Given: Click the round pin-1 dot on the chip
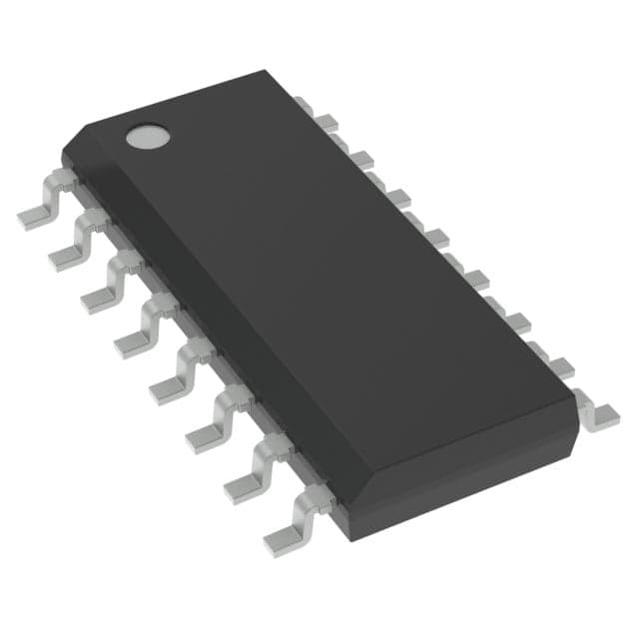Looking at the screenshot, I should [147, 136].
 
